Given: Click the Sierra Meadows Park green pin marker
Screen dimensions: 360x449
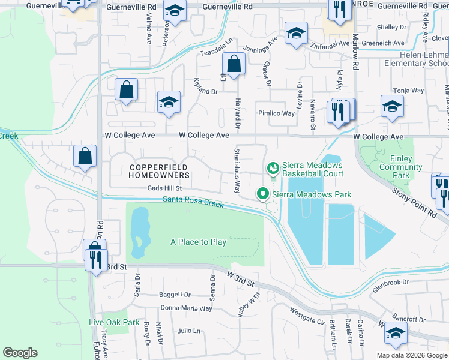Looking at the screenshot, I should click(262, 194).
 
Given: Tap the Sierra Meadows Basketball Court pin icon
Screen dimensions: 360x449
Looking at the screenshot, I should click(273, 167).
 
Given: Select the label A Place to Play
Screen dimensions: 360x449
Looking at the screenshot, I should click(198, 242).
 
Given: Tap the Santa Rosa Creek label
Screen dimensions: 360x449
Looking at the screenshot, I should click(193, 202).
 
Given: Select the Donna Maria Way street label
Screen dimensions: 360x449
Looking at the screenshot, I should click(186, 308).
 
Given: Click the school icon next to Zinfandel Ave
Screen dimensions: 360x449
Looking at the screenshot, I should click(296, 34).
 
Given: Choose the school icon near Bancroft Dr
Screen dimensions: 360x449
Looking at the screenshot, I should click(396, 334).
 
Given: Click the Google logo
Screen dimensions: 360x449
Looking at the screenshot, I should click(20, 353).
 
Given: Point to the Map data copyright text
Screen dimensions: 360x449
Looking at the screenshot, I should click(412, 355).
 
